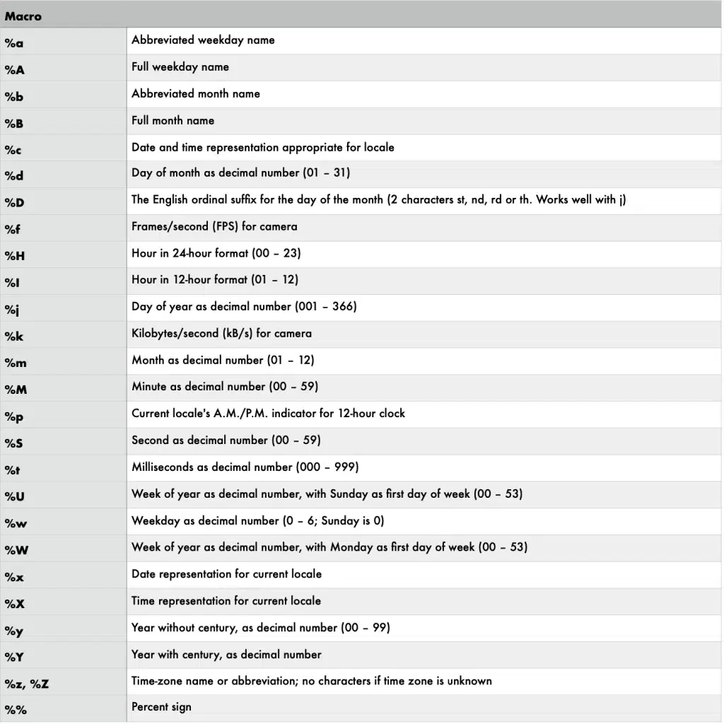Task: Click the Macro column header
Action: pyautogui.click(x=23, y=16)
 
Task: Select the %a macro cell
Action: pyautogui.click(x=14, y=43)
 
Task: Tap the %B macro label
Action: pyautogui.click(x=14, y=123)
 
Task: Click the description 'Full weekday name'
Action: pyautogui.click(x=180, y=66)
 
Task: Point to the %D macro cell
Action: pyautogui.click(x=14, y=203)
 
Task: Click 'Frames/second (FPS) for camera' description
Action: pyautogui.click(x=214, y=226)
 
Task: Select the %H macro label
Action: pyautogui.click(x=14, y=256)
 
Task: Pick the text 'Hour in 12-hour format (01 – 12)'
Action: pyautogui.click(x=215, y=279)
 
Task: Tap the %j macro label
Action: pyautogui.click(x=12, y=309)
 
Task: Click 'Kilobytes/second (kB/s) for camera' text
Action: pyautogui.click(x=221, y=333)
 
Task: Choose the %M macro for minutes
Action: pyautogui.click(x=16, y=390)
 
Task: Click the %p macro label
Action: pyautogui.click(x=14, y=416)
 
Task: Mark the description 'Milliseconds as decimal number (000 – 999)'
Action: pyautogui.click(x=245, y=467)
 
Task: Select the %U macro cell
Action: pyautogui.click(x=14, y=496)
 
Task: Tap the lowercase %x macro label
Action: pyautogui.click(x=14, y=577)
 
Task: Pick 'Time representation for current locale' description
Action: pyautogui.click(x=226, y=600)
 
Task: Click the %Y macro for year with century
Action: pyautogui.click(x=14, y=657)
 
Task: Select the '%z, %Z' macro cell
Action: pyautogui.click(x=27, y=684)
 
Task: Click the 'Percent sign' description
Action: pyautogui.click(x=161, y=706)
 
